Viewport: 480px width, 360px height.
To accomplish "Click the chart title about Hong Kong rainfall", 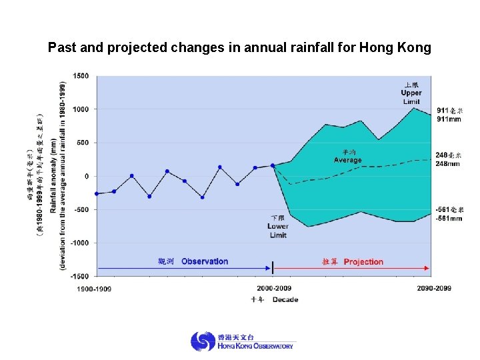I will pos(239,48).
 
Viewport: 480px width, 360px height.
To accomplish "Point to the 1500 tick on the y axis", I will pos(81,76).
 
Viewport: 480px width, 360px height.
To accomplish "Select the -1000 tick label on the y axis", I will pos(80,243).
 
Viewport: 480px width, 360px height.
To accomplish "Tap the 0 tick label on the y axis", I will pos(87,177).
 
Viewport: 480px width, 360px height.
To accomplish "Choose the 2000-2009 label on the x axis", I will pos(274,288).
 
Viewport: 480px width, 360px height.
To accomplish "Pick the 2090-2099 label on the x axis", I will pos(434,288).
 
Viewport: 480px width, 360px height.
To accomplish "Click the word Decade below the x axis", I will pos(285,300).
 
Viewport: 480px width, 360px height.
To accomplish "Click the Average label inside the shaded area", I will pos(347,160).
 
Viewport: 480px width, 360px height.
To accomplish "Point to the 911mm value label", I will pos(449,119).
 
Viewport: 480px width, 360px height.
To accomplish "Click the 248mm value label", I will pos(449,163).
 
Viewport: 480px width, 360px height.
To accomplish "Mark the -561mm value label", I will pos(449,218).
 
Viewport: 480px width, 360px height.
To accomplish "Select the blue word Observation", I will pos(205,261).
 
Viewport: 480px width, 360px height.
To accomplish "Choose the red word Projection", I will pos(363,262).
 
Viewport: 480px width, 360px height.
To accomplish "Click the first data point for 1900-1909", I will pos(97,194).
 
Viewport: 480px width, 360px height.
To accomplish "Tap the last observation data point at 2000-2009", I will pos(273,165).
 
